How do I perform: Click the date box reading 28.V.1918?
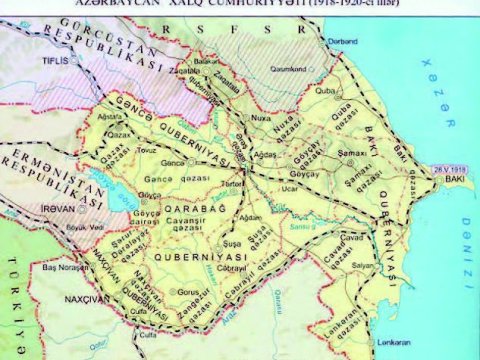click(x=446, y=168)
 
